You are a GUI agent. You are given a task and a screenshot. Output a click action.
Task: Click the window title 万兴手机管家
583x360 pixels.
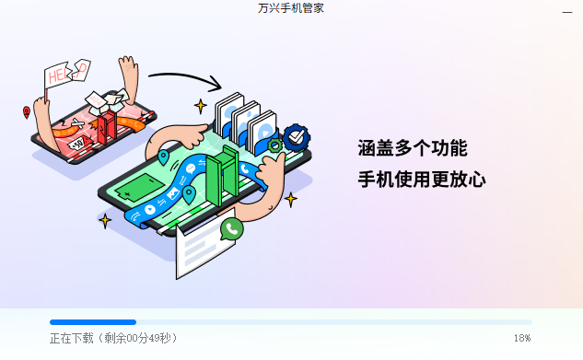coord(291,8)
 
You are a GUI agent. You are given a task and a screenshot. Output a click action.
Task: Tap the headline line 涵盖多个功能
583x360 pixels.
coord(413,148)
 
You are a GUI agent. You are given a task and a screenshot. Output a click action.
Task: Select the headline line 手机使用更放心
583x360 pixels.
coord(422,179)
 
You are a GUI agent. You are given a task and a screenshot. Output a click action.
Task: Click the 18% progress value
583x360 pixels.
coord(522,339)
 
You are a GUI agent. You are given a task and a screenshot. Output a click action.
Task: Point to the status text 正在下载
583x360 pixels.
coord(72,339)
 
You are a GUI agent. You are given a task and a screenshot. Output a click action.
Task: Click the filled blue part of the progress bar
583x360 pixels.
coord(92,322)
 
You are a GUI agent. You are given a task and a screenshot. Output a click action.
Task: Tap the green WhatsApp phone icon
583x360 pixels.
coord(232,228)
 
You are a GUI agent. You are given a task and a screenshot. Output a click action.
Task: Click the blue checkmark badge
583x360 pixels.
coord(297,138)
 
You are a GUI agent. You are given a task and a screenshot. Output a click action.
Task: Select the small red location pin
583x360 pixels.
coord(27,113)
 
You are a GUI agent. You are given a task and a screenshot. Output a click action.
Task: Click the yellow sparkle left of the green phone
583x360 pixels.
coord(105,221)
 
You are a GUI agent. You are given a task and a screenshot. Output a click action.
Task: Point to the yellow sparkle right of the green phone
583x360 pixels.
coord(291,199)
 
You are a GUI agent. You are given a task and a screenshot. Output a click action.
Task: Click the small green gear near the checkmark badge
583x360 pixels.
coord(274,145)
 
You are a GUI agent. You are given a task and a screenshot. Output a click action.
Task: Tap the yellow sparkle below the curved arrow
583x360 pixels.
coord(200,106)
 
